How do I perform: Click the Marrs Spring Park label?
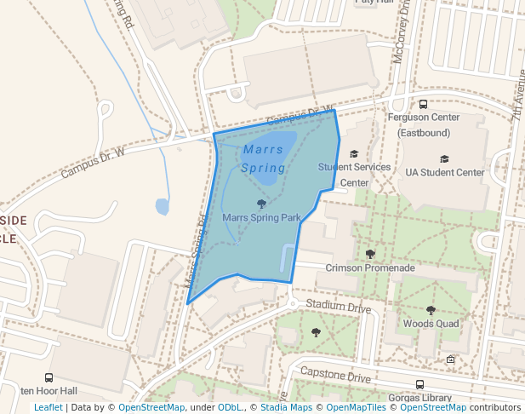point(261,218)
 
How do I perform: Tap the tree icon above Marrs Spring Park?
point(261,204)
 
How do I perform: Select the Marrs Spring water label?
point(263,158)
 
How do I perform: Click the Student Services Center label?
point(354,175)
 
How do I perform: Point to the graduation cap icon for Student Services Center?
point(354,154)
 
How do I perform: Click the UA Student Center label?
point(444,172)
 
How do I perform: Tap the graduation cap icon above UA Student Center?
point(444,158)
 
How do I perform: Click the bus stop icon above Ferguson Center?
point(423,105)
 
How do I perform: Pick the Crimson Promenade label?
point(370,267)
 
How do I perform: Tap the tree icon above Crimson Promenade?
point(370,254)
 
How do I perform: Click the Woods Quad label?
point(431,324)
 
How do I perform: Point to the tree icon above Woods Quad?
point(431,310)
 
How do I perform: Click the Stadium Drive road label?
point(339,305)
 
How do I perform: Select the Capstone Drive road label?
point(336,376)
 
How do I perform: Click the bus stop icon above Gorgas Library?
point(420,384)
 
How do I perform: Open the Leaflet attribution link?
point(48,407)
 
